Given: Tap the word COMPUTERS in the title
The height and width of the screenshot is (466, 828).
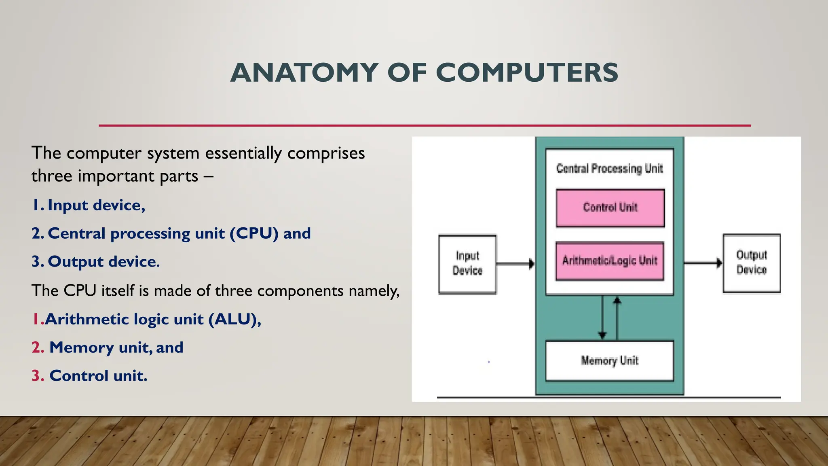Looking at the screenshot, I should [x=527, y=73].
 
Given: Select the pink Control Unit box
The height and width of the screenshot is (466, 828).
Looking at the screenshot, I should [x=610, y=208].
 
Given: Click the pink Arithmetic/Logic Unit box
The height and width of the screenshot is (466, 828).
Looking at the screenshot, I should [x=610, y=261].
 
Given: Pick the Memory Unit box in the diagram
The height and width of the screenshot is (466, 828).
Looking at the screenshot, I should [x=609, y=361].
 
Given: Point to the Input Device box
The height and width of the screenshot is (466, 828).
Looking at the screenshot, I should [x=467, y=264].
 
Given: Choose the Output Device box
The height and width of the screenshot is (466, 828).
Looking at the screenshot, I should [x=752, y=263].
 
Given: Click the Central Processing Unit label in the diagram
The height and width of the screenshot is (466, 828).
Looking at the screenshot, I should [x=609, y=169].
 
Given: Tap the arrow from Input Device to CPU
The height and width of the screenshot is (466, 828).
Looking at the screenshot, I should [x=515, y=264].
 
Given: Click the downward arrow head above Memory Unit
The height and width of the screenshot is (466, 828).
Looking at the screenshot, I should [x=602, y=335].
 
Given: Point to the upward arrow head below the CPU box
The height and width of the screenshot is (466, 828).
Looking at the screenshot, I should [x=617, y=301].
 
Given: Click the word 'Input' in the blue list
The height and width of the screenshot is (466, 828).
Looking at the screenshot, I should [x=68, y=205].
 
